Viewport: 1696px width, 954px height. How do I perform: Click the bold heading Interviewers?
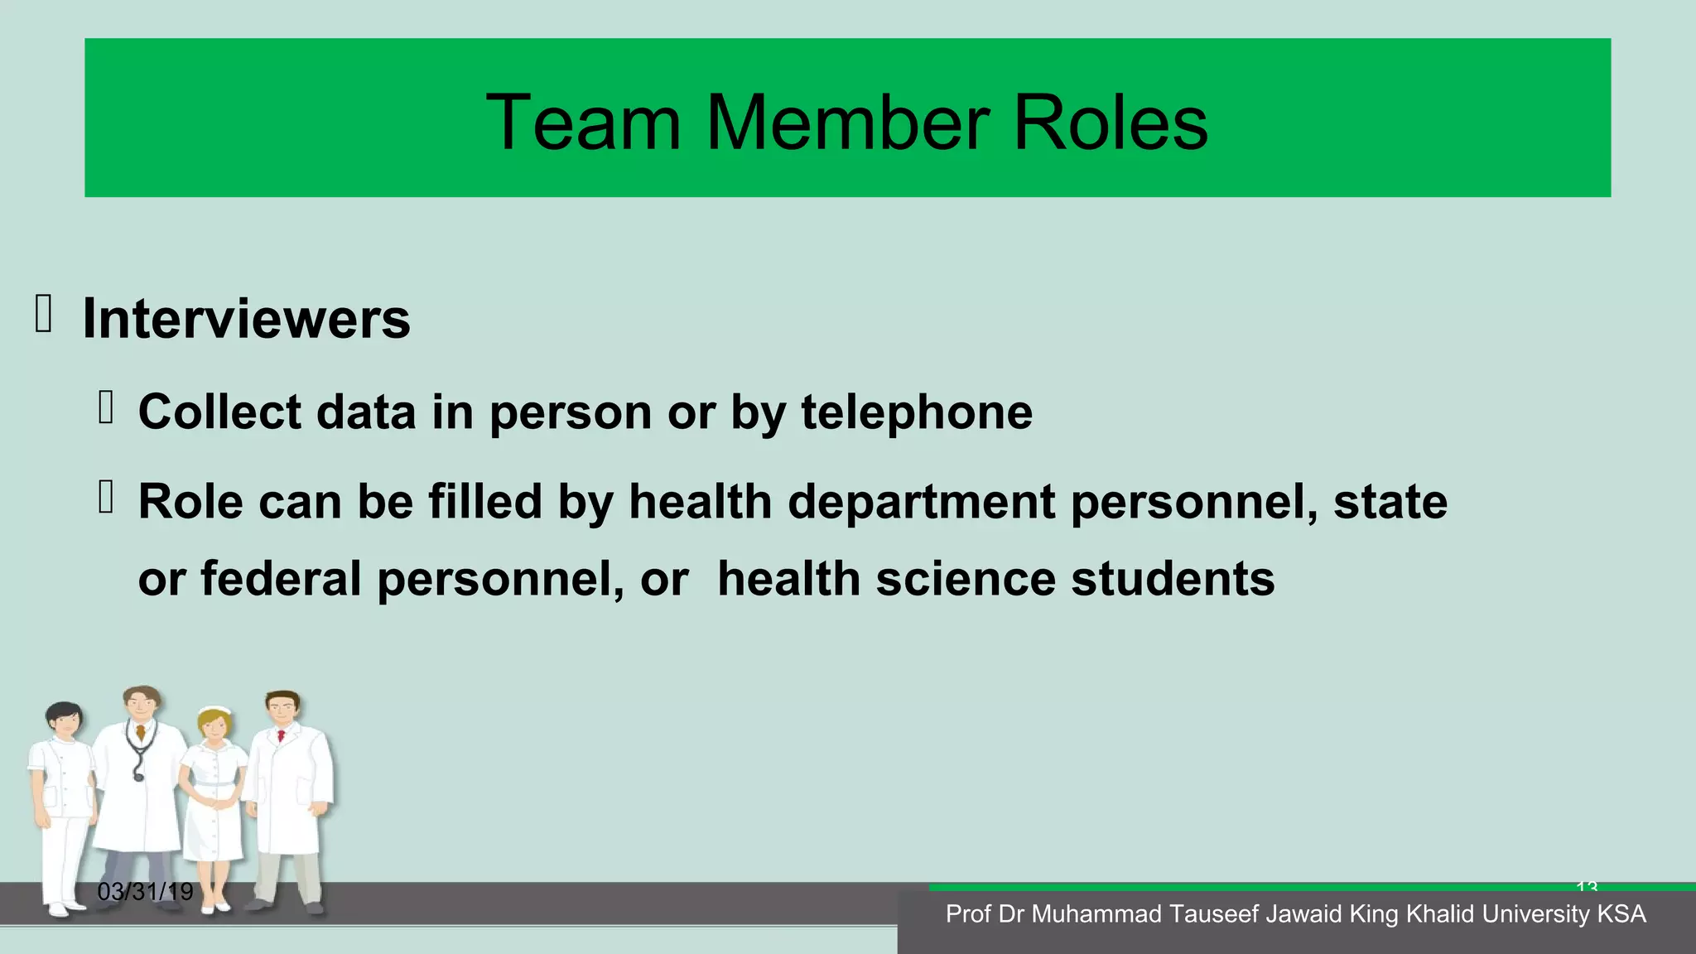click(246, 319)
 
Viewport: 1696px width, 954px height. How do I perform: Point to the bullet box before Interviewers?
click(44, 315)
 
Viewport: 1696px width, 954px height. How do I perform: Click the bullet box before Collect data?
click(105, 407)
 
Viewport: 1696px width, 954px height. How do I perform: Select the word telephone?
click(916, 412)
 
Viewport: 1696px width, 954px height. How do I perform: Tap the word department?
click(921, 502)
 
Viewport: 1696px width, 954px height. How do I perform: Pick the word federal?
click(281, 578)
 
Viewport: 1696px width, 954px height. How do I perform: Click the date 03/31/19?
click(145, 892)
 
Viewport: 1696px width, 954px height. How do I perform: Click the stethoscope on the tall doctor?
click(139, 754)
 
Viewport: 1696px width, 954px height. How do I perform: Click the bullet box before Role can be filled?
click(105, 498)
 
